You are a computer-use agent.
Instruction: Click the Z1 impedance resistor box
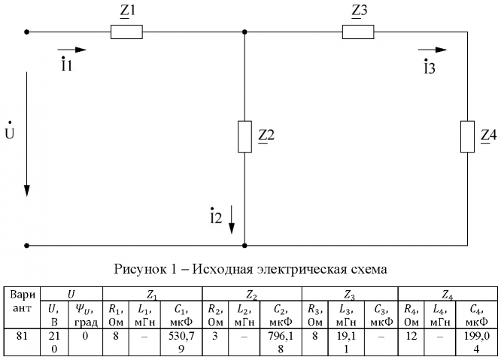point(126,32)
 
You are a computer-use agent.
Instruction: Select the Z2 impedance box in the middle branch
point(245,136)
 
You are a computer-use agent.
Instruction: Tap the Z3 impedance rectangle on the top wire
point(359,32)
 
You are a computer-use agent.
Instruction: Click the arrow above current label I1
point(71,50)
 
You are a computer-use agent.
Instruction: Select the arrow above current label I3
point(432,50)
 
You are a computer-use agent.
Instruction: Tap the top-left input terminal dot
point(27,32)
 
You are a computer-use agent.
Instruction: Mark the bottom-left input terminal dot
point(27,245)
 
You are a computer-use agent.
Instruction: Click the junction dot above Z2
point(245,32)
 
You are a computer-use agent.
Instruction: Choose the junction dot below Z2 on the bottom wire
point(245,245)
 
